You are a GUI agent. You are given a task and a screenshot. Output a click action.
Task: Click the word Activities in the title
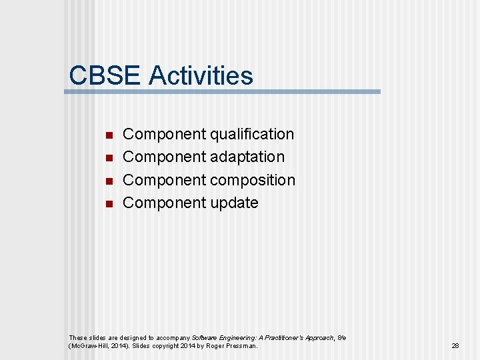pyautogui.click(x=201, y=75)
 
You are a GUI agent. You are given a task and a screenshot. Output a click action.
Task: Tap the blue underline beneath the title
pyautogui.click(x=223, y=91)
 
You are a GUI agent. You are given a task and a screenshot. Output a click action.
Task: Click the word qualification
pyautogui.click(x=252, y=134)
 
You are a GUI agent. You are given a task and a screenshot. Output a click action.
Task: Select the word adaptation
pyautogui.click(x=247, y=157)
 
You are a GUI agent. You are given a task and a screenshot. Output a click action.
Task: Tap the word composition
pyautogui.click(x=253, y=180)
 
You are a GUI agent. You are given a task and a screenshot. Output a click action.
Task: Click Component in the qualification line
pyautogui.click(x=165, y=134)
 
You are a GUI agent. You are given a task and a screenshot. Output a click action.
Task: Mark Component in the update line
pyautogui.click(x=165, y=203)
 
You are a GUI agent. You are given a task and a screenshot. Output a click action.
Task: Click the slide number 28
pyautogui.click(x=455, y=346)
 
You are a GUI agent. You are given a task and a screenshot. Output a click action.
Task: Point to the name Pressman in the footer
pyautogui.click(x=241, y=346)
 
